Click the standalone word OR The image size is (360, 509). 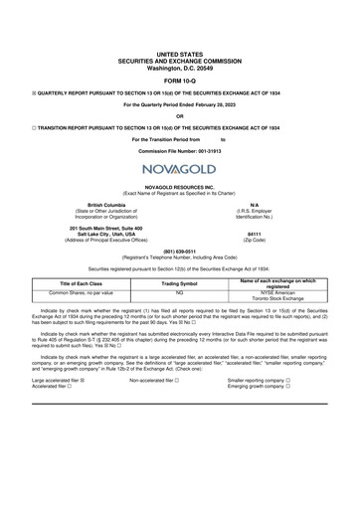coord(180,117)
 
